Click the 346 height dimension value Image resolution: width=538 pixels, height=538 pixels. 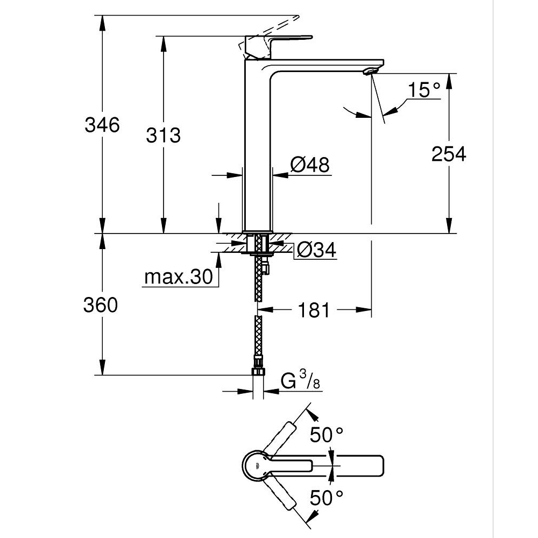pyautogui.click(x=102, y=125)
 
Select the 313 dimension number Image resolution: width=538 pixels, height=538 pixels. pyautogui.click(x=164, y=136)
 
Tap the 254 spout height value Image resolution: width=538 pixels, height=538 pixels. pyautogui.click(x=449, y=154)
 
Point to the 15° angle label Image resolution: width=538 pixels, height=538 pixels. pyautogui.click(x=423, y=90)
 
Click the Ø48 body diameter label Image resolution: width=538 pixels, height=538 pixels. pyautogui.click(x=310, y=165)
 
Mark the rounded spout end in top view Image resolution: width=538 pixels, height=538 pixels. pyautogui.click(x=379, y=466)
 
